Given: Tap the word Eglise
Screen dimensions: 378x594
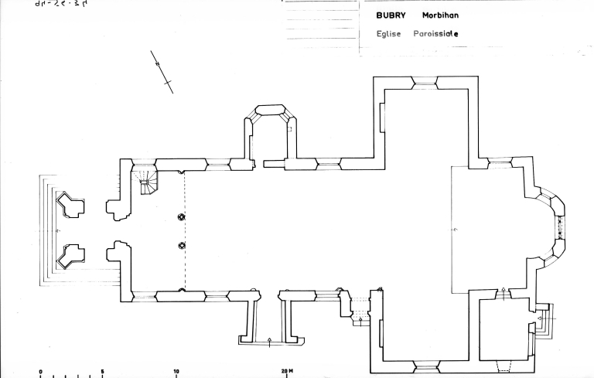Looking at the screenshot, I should tap(388, 34).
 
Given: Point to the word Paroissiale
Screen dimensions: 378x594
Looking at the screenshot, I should tap(436, 34).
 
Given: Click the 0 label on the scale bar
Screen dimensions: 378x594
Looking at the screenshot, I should tap(40, 371).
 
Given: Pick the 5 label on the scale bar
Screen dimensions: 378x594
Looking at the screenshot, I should tap(102, 371).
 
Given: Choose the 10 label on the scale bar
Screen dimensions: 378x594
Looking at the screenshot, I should tap(176, 371).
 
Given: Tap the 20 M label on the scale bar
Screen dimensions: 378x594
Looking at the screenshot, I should tap(288, 371).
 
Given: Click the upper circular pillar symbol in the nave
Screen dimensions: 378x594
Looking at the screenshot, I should tap(182, 217).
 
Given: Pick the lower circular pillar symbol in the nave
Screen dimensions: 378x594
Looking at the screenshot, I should tap(182, 246).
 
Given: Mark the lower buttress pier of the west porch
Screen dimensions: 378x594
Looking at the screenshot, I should tap(71, 254).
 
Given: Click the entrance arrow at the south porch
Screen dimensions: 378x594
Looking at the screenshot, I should tap(269, 339).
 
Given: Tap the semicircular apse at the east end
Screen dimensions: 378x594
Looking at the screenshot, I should tap(551, 225).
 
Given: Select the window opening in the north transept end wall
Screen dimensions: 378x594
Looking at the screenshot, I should tap(425, 80).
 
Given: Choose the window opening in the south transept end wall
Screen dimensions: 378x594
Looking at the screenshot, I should tap(426, 365).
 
